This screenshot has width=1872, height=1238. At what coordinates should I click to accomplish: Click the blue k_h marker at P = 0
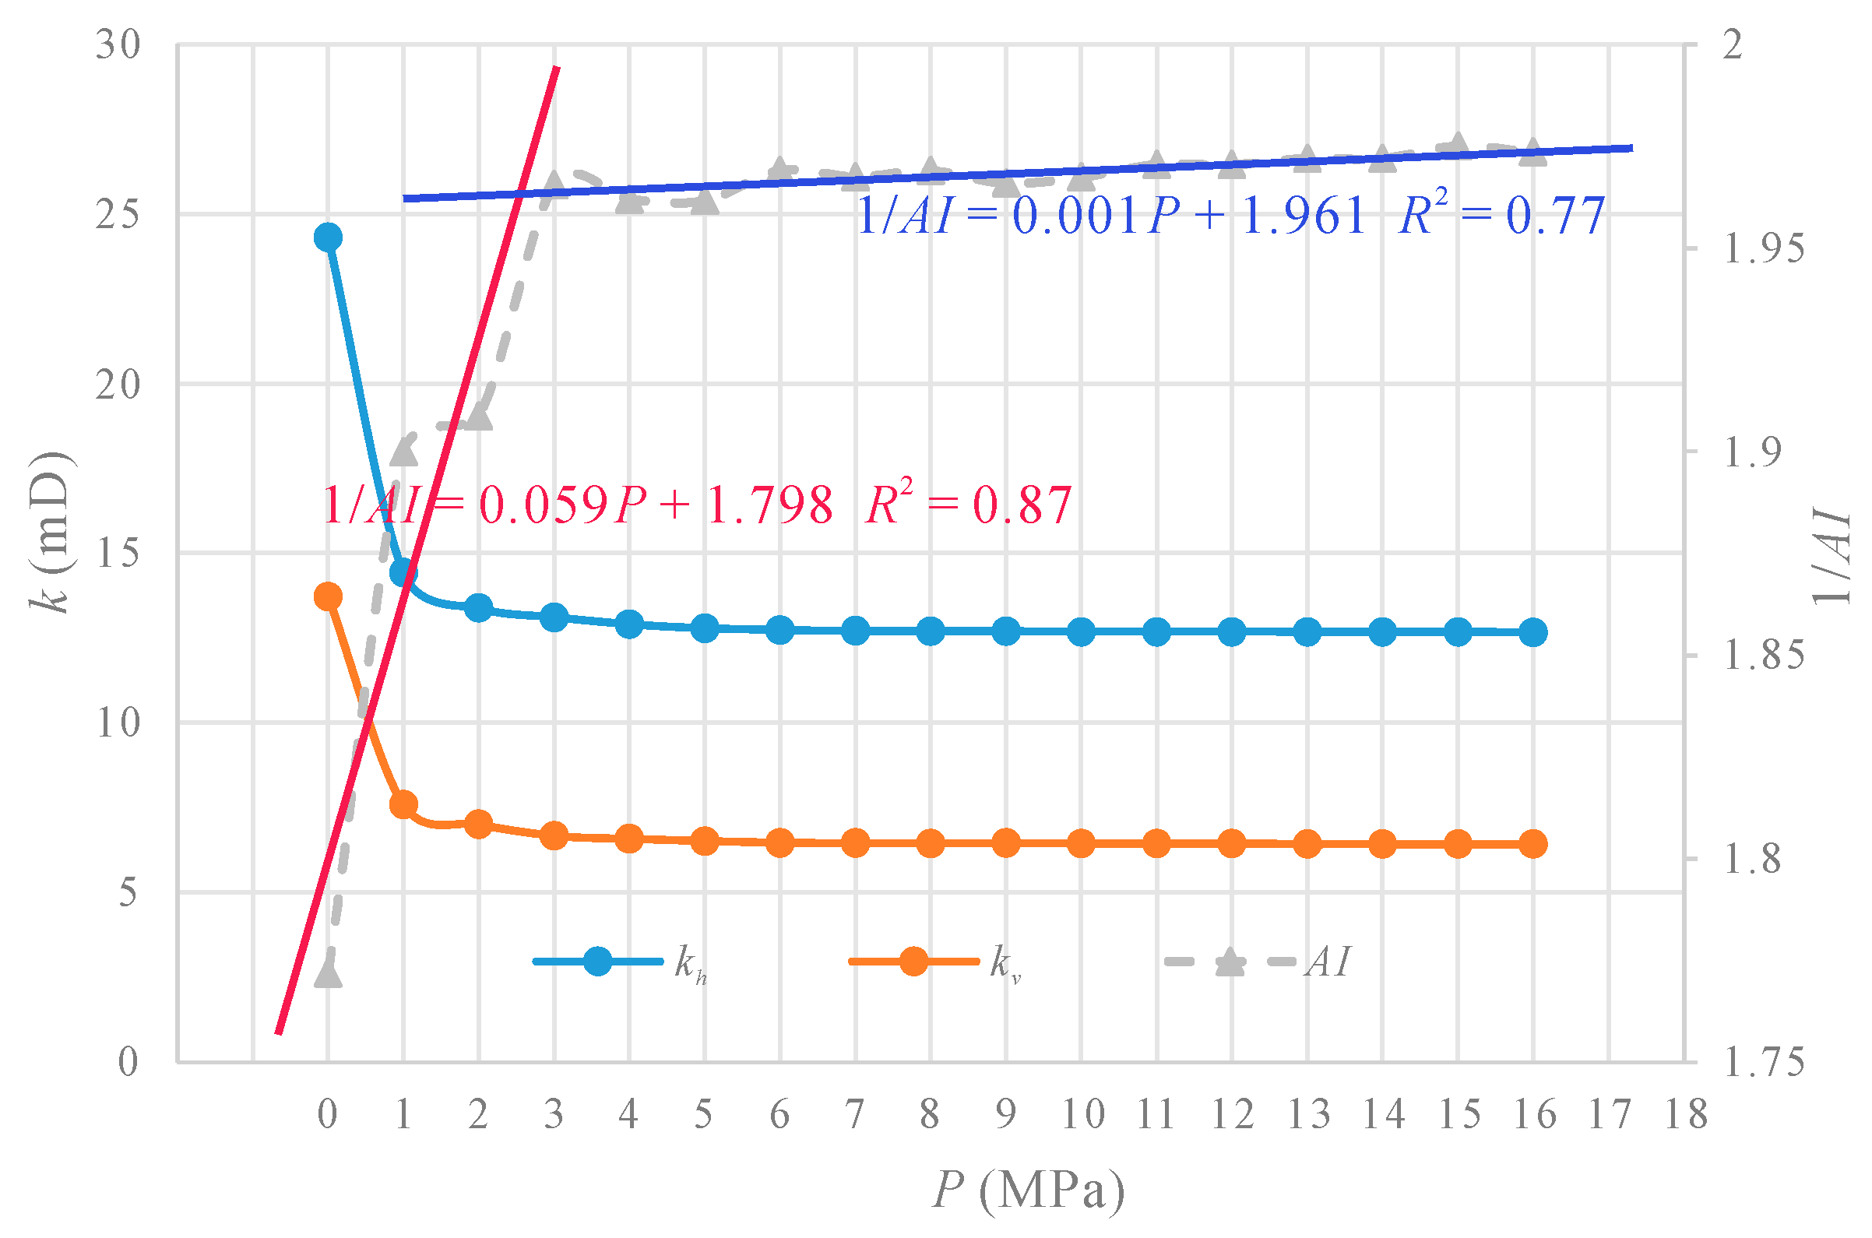[x=328, y=237]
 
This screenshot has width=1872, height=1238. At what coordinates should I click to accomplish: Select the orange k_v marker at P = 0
[x=328, y=596]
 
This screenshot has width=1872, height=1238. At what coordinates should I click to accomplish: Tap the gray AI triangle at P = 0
[x=328, y=973]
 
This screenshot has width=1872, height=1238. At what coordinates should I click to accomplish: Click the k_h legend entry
[x=620, y=962]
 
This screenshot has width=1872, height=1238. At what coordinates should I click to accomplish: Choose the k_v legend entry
[x=935, y=962]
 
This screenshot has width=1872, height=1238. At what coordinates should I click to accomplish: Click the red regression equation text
[x=697, y=505]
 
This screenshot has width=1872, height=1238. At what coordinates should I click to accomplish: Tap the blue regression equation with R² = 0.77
[x=1230, y=216]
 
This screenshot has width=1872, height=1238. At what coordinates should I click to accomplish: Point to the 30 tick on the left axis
[x=118, y=45]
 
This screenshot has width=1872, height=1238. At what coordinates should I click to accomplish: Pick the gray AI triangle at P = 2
[x=478, y=417]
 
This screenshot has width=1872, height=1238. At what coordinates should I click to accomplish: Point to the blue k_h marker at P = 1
[x=403, y=572]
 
